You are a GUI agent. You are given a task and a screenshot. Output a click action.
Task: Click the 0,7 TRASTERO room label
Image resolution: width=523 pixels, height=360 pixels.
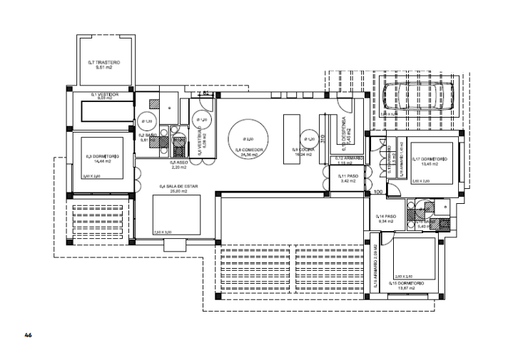(x=104, y=62)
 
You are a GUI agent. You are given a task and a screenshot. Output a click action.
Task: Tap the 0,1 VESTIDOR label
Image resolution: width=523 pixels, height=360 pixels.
(x=104, y=93)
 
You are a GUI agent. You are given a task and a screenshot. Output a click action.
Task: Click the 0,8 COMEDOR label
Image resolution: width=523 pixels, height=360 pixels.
(x=249, y=150)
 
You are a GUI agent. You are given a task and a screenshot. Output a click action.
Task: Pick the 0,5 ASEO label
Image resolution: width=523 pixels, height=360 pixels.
(x=178, y=163)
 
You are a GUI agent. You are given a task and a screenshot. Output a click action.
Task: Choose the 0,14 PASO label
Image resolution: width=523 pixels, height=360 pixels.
(x=386, y=216)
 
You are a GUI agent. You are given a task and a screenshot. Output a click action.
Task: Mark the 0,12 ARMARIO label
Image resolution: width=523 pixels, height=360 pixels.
(x=350, y=158)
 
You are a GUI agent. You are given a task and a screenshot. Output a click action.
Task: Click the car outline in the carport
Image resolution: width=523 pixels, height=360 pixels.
(x=411, y=96)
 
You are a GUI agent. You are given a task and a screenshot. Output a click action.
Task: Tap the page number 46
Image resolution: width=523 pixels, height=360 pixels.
(x=29, y=334)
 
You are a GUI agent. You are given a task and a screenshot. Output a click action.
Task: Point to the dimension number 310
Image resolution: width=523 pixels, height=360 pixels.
(x=323, y=138)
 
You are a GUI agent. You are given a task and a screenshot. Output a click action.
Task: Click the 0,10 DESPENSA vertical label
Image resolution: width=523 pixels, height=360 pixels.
(x=343, y=128)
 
